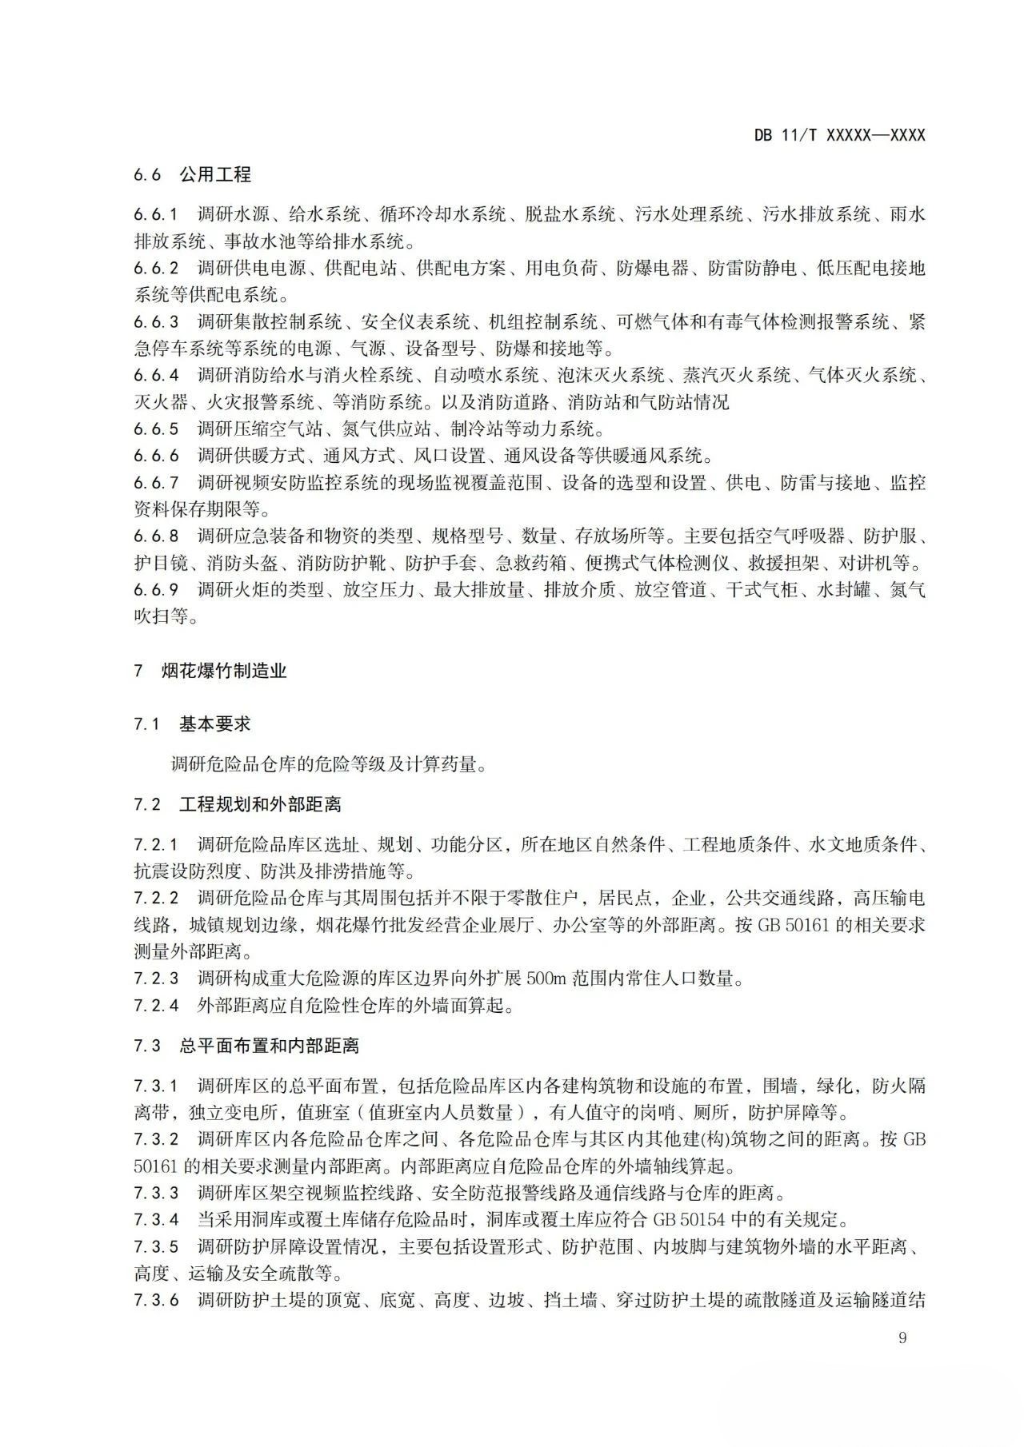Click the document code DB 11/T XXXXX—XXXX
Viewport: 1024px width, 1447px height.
coord(839,135)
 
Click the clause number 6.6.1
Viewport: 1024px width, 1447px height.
coord(156,214)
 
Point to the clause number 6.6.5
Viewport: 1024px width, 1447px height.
coord(156,429)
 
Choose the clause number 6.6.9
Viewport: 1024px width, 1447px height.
coord(156,590)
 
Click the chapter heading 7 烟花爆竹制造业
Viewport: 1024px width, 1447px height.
coord(210,671)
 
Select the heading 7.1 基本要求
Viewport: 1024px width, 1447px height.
coord(192,724)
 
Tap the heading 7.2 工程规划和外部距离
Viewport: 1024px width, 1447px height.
coord(238,804)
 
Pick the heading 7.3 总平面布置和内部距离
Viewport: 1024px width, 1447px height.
coord(246,1046)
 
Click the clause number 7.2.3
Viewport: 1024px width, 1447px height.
coord(156,979)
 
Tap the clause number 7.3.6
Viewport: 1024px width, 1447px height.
coord(156,1300)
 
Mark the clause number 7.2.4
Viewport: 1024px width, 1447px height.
coord(156,1006)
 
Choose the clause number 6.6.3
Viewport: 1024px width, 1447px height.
coord(156,322)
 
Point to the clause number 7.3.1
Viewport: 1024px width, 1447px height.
coord(156,1086)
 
